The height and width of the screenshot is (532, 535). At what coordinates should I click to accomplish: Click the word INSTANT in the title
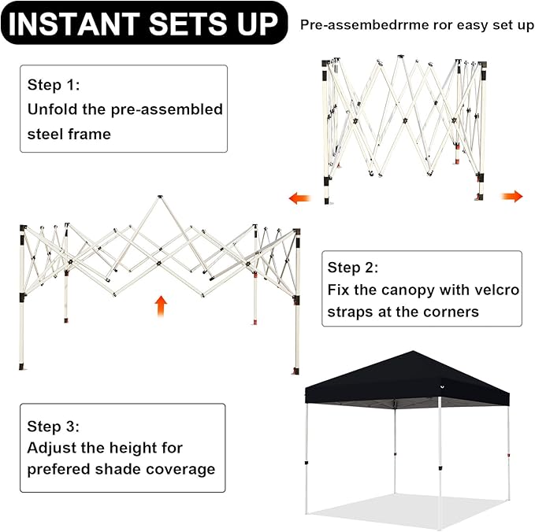tap(74, 24)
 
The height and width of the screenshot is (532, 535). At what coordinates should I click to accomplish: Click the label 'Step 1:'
tap(54, 84)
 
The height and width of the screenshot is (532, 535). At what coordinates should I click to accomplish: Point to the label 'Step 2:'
tap(353, 268)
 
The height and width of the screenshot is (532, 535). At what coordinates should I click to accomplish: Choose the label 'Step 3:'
tap(54, 427)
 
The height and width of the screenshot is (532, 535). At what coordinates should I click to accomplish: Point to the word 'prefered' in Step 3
tap(58, 470)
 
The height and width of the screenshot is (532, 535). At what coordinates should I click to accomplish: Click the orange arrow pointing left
tap(300, 198)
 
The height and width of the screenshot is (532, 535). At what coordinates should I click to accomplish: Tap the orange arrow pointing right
tap(512, 196)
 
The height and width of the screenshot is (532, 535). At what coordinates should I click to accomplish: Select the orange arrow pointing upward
tap(161, 306)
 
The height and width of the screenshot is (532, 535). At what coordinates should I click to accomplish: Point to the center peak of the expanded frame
tap(160, 197)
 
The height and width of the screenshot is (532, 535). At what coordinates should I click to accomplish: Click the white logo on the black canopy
tap(442, 386)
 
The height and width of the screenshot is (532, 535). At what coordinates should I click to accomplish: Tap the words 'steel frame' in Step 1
tap(69, 134)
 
